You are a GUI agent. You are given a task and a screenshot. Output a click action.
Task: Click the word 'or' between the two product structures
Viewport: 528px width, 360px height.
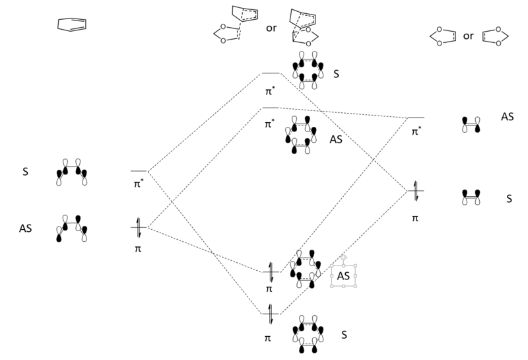point(271,29)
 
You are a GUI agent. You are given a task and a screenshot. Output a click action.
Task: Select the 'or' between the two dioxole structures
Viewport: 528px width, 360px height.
point(468,36)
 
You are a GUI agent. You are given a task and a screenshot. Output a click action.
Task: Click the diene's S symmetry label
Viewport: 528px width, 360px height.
point(25,171)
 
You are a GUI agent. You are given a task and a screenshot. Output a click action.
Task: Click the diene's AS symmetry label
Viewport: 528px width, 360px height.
point(27,228)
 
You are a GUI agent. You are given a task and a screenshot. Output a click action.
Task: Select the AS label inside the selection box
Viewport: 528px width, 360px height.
point(343,275)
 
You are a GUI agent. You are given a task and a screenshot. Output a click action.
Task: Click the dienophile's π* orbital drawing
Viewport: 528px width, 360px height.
point(471,124)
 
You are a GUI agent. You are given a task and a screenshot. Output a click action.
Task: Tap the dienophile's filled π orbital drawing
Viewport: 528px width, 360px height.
point(471,197)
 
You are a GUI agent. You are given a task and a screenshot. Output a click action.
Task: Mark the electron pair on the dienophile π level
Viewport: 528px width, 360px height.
point(415,191)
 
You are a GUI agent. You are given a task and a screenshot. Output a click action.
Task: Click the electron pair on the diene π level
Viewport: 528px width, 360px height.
point(139,228)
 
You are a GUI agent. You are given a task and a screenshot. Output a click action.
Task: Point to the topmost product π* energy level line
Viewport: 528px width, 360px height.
point(271,73)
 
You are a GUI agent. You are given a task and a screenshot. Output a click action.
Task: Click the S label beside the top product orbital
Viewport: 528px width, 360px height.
point(337,73)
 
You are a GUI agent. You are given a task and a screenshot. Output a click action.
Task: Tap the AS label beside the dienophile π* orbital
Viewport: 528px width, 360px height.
point(507,116)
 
